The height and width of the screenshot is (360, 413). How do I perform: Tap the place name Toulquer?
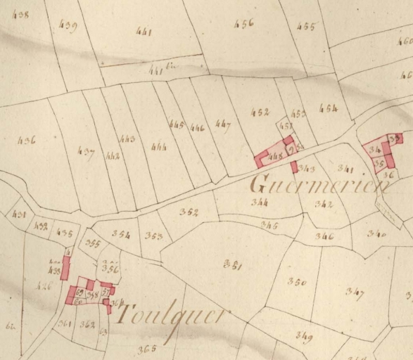[x=173, y=314]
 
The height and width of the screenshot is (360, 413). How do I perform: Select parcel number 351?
[x=232, y=265]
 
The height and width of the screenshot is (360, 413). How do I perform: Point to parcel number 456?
[x=243, y=23]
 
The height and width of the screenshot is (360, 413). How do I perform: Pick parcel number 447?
[x=223, y=125]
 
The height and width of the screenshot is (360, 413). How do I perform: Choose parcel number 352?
[x=189, y=212]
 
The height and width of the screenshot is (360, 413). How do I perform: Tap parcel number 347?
[x=354, y=292]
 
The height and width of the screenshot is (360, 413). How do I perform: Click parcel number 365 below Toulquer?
[x=147, y=349]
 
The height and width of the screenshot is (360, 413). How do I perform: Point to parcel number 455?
[x=306, y=27]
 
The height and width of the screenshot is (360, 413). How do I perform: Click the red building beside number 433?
[x=65, y=267]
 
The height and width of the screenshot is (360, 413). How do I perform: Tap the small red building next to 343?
[x=294, y=167]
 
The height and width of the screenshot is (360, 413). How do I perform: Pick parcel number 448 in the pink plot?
[x=275, y=156]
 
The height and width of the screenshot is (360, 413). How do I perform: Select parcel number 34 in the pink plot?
[x=374, y=150]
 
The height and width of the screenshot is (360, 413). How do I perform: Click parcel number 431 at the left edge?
[x=19, y=214]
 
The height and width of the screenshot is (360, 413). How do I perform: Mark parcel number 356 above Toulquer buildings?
[x=110, y=268]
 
